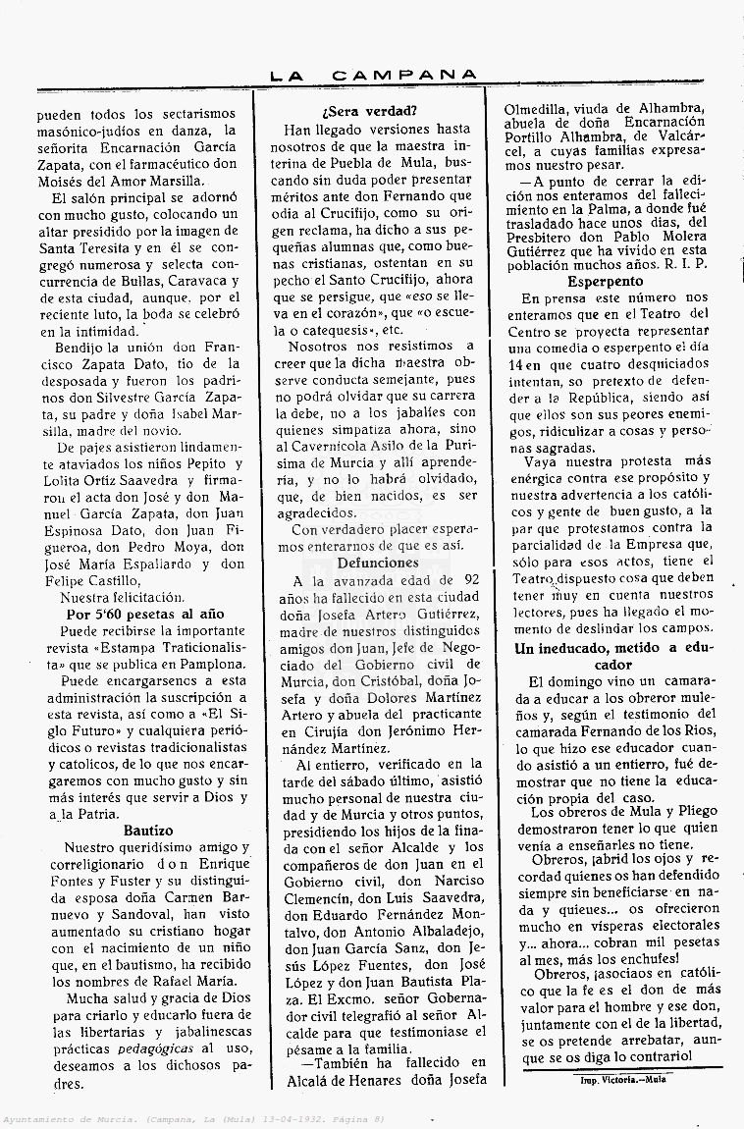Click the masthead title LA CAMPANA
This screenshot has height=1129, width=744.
point(374,75)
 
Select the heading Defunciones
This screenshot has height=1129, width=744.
point(378,563)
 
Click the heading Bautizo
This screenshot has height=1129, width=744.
point(148,831)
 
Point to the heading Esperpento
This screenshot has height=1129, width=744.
point(611,281)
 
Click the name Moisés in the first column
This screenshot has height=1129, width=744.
point(64,181)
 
